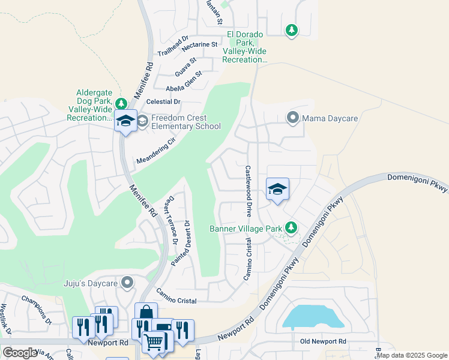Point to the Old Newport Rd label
(323, 341)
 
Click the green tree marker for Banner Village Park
(291, 227)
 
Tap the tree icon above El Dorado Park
(291, 29)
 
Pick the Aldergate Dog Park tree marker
(121, 103)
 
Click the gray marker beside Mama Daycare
(292, 118)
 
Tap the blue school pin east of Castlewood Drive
(277, 190)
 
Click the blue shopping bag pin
(146, 313)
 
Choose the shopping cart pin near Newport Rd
(154, 341)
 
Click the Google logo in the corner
(20, 352)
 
